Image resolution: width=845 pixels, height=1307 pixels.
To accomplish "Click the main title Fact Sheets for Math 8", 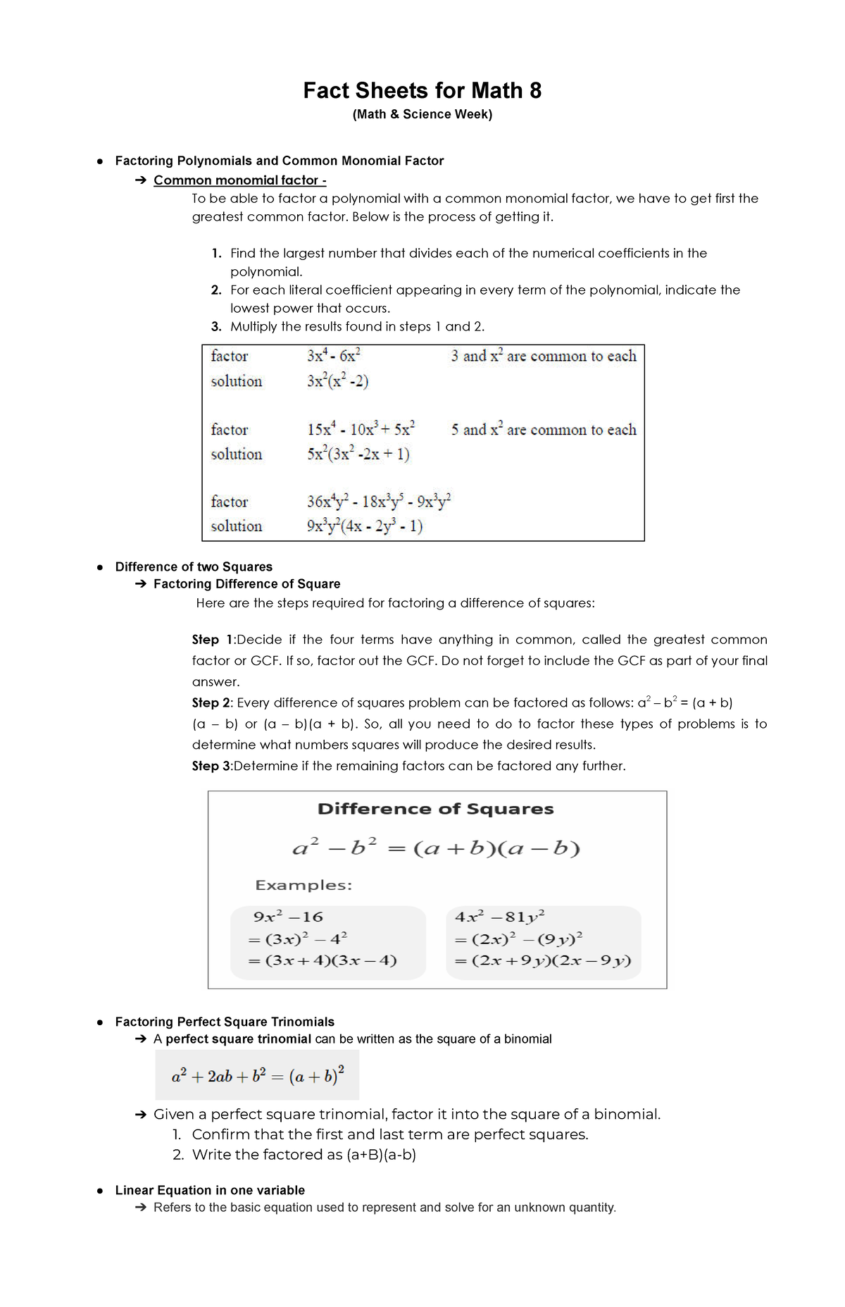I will click(x=422, y=91).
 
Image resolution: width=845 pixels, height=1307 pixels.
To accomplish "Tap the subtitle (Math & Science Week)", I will click(x=422, y=114).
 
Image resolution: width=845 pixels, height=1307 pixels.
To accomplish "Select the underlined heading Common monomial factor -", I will click(x=239, y=180).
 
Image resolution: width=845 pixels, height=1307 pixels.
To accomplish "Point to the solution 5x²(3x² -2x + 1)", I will click(x=358, y=454).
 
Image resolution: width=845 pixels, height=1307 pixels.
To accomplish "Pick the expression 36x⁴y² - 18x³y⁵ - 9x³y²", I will click(x=379, y=502).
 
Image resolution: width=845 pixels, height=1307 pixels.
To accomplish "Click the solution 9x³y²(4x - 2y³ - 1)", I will click(x=365, y=526).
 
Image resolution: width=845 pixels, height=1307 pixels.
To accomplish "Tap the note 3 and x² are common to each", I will click(x=544, y=356).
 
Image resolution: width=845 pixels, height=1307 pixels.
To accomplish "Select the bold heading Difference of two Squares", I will click(x=194, y=566).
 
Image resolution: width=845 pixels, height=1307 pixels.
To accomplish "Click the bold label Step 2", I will click(x=211, y=702).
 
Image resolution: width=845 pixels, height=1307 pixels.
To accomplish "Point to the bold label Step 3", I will click(x=211, y=766).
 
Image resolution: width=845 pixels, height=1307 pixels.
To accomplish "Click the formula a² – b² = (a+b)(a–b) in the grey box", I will click(x=436, y=848).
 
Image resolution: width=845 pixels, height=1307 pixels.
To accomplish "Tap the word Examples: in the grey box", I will click(x=303, y=885).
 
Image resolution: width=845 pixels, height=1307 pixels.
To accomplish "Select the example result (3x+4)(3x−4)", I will click(x=330, y=960).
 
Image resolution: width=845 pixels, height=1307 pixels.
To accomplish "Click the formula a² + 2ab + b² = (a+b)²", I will click(x=258, y=1076).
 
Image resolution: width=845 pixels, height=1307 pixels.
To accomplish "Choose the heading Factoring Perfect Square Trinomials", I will click(x=225, y=1022).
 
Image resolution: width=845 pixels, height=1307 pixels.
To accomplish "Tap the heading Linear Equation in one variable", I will click(x=210, y=1190).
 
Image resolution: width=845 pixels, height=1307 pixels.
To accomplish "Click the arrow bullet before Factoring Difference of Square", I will click(x=140, y=584).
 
